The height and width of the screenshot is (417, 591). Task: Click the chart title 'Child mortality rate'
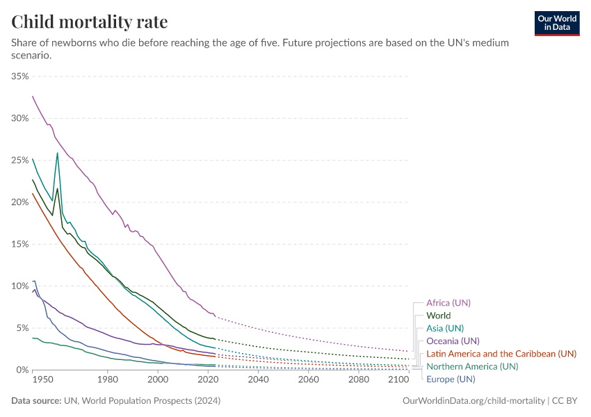tap(90, 22)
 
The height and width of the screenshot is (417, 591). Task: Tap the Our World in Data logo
tap(556, 23)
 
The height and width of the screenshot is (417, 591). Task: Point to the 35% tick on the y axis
tap(19, 76)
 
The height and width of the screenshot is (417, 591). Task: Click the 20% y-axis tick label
tap(19, 202)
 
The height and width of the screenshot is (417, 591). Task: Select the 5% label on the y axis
tap(22, 328)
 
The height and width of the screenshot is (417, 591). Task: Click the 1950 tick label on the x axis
tap(42, 380)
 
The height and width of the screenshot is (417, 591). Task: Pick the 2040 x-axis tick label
tap(258, 380)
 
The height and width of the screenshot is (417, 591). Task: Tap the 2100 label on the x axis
tap(399, 380)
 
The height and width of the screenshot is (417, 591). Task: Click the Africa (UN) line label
tap(448, 303)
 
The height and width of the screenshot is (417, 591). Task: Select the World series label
tap(439, 316)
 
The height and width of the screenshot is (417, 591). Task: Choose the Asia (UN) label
tap(445, 328)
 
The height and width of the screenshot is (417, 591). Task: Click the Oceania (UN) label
tap(453, 341)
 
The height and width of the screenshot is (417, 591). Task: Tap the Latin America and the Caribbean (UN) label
tap(501, 354)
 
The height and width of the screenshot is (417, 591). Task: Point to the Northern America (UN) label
tap(472, 366)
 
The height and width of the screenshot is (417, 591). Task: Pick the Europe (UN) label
tap(451, 379)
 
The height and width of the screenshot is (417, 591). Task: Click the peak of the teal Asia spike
tap(57, 154)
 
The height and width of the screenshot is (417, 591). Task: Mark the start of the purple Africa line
tap(33, 96)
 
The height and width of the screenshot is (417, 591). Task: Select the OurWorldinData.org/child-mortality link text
tap(473, 401)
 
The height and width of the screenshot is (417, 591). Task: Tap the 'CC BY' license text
tap(566, 401)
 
